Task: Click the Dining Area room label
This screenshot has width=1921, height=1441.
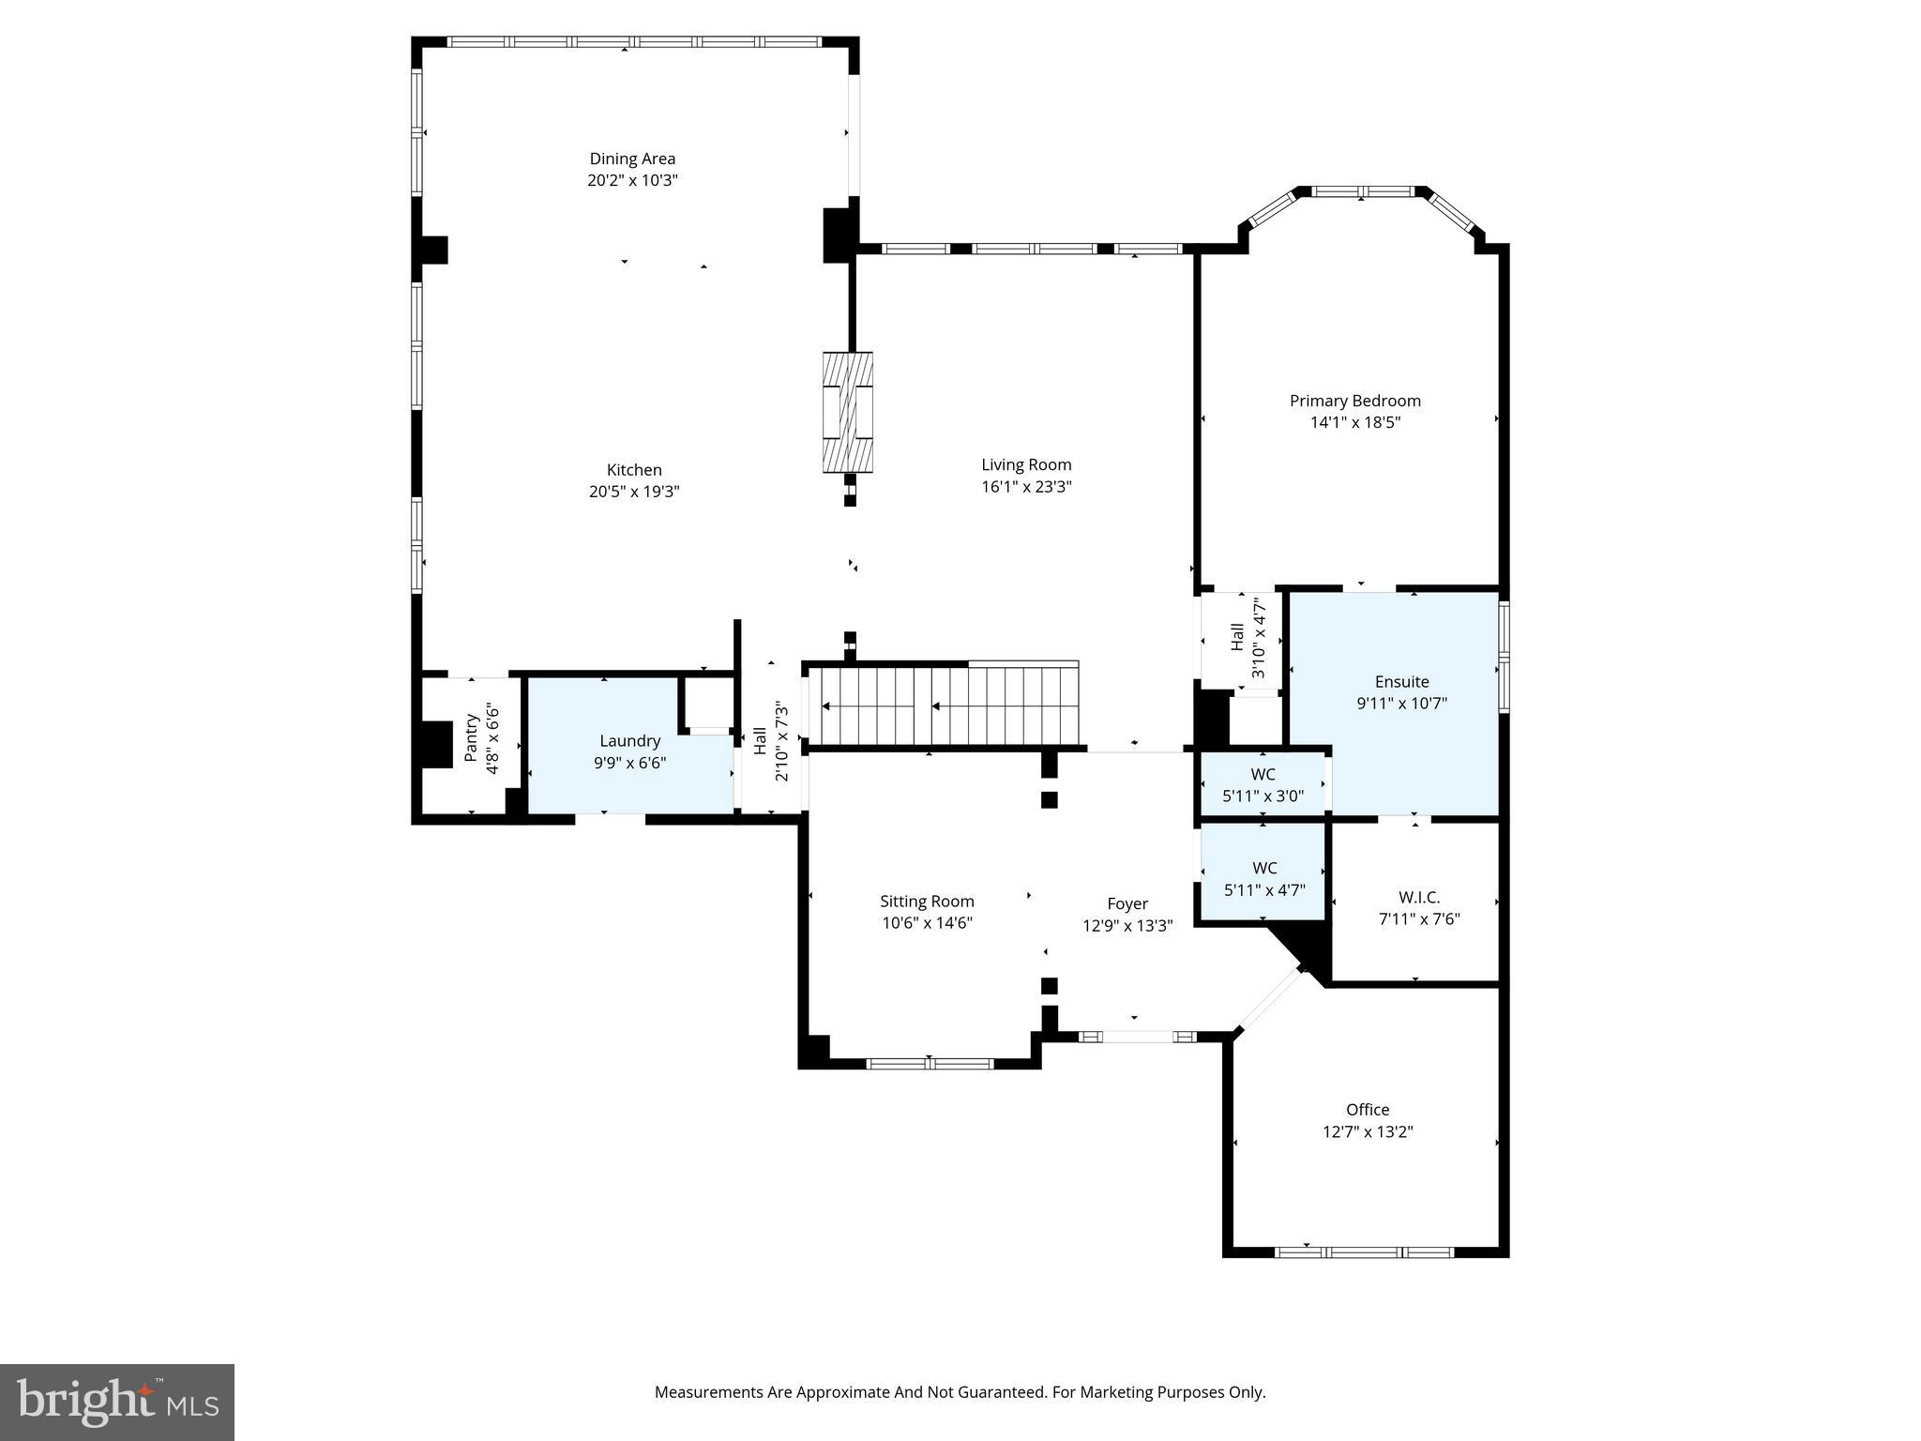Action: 631,159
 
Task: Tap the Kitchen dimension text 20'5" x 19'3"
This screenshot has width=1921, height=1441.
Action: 633,491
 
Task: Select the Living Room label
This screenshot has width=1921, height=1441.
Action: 1025,464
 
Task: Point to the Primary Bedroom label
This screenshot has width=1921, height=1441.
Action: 1354,401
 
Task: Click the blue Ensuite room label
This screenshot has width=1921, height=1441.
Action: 1400,682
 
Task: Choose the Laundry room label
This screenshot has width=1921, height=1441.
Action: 629,741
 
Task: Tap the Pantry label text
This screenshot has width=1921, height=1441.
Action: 472,738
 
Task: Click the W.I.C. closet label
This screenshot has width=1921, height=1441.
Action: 1418,898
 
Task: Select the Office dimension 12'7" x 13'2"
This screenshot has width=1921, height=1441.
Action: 1367,1131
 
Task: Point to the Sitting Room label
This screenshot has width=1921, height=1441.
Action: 926,902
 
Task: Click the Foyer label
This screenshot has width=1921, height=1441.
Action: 1127,903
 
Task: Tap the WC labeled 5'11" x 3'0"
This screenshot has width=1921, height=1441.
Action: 1263,785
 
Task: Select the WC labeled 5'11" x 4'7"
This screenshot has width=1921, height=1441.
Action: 1263,879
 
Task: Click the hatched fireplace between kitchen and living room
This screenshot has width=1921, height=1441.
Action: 848,412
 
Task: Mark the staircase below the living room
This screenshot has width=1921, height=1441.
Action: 943,705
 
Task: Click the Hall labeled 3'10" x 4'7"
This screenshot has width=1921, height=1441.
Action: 1248,639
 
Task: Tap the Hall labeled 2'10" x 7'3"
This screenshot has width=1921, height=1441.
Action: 770,740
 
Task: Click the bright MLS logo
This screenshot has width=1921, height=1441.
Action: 117,1403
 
